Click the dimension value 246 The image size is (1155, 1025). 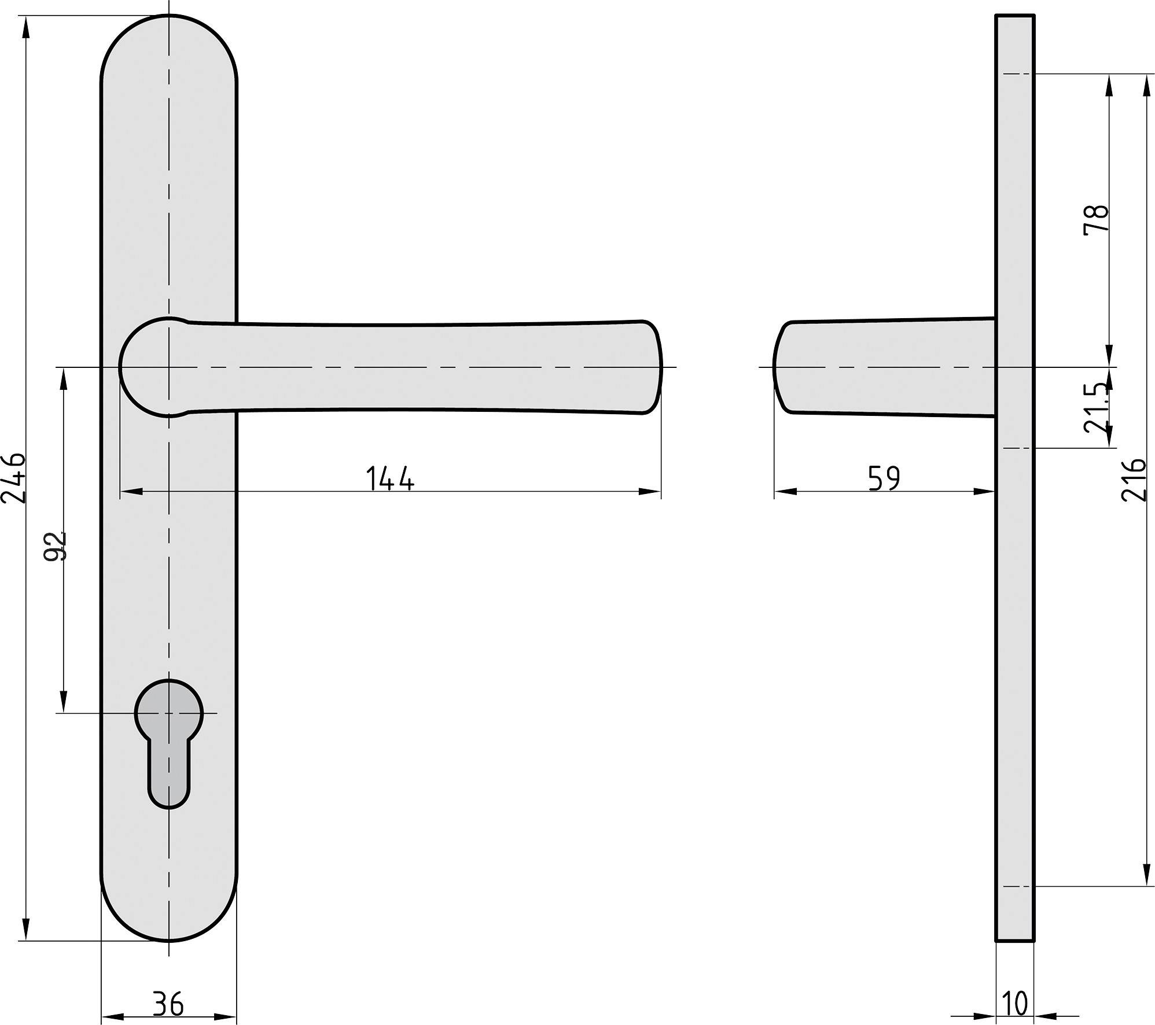click(x=13, y=478)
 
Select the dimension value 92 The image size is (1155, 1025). click(x=56, y=546)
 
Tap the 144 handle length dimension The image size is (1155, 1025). click(x=390, y=478)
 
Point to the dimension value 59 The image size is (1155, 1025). click(x=884, y=478)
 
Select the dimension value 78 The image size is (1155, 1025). click(x=1096, y=219)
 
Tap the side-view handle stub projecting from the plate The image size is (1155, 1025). click(x=885, y=367)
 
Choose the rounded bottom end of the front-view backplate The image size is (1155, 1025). click(x=169, y=920)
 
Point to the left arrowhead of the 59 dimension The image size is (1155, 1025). click(x=785, y=492)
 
